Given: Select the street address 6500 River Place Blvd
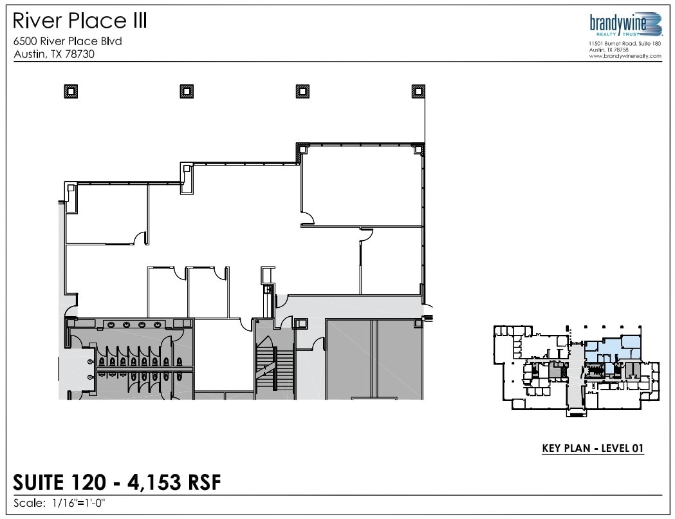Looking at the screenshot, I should pos(68,41).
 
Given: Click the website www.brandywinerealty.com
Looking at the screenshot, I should pos(625,56).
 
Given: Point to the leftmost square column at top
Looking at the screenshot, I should pos(71,91).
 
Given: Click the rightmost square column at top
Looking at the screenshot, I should pos(418,91).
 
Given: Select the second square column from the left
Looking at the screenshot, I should pos(187,91).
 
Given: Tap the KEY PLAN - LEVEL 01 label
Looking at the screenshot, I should pos(592,448).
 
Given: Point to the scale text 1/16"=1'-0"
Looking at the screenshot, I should pos(76,504).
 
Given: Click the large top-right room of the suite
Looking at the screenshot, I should pos(360,187).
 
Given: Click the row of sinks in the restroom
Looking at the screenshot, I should pos(136,324).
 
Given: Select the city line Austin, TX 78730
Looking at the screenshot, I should pos(54,54).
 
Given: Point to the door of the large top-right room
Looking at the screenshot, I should pos(307,218).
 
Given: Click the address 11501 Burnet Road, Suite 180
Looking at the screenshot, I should pos(625,43).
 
